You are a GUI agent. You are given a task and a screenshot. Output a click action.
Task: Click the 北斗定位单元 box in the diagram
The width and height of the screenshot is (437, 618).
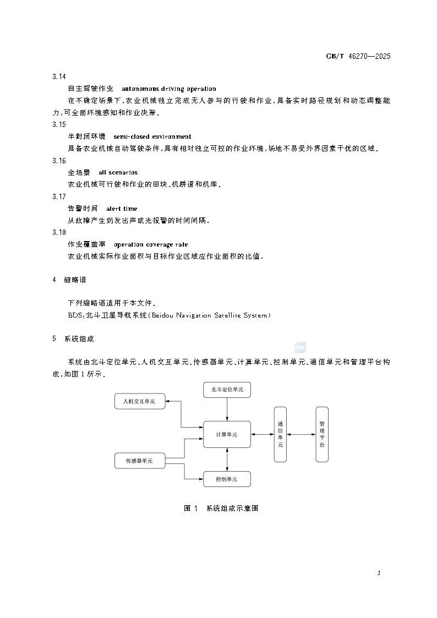point(227,390)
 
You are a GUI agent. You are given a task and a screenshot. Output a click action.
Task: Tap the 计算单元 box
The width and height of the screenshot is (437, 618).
point(227,434)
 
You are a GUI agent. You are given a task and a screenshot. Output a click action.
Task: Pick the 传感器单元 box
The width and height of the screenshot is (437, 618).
point(139,461)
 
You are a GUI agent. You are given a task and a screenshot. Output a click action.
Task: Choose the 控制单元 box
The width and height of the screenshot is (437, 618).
point(227,479)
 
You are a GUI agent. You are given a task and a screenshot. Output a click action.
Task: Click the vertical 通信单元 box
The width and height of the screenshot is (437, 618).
point(280,434)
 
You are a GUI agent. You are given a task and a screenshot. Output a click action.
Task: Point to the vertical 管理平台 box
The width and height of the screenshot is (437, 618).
point(322,434)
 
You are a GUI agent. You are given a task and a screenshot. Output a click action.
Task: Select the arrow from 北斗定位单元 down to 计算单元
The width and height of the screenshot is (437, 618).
point(227,410)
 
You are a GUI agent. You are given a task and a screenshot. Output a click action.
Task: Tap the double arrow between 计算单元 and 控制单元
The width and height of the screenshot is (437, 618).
point(227,460)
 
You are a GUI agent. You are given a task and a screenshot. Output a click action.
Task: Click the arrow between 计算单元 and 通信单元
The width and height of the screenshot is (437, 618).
point(262,434)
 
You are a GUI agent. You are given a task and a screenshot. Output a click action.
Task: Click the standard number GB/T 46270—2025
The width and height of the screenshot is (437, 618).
point(359,56)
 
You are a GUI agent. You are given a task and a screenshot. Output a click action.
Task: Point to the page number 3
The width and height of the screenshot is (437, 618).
point(379,573)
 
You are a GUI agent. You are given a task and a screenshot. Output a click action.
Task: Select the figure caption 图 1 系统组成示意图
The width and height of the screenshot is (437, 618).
point(221,508)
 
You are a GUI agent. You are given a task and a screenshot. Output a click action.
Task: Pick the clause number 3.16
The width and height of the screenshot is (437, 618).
point(59,161)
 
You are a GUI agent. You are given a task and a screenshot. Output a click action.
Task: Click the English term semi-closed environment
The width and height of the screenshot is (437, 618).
point(152,136)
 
